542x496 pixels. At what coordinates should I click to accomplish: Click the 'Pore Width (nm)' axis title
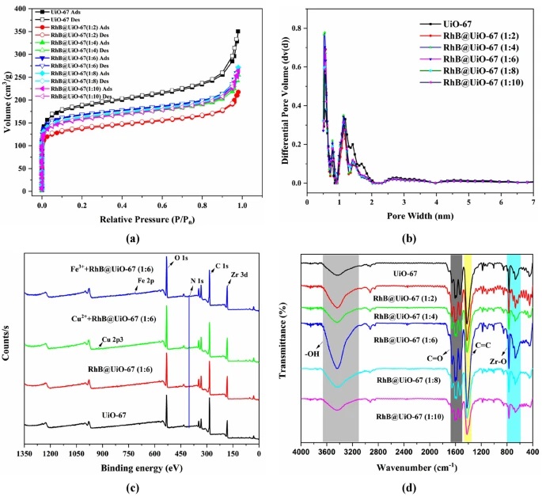coord(419,215)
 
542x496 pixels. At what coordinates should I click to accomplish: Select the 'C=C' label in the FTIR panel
coord(480,346)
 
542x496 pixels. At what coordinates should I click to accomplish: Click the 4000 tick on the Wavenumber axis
coord(299,452)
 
